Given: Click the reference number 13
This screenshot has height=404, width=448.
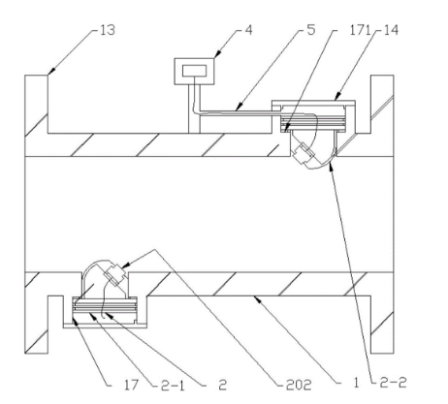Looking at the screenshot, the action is point(108,30).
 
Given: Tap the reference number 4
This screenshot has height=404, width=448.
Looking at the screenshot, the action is point(248,30).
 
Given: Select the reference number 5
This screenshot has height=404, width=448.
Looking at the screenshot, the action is point(311,30).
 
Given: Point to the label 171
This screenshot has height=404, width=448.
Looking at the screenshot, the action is point(360,30).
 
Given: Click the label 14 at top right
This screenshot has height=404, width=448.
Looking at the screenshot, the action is point(391,30).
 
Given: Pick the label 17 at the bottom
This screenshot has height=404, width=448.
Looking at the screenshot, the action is point(131,385).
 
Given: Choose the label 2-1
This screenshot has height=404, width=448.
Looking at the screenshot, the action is point(173,385).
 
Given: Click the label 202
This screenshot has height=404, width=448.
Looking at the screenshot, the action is point(299,385).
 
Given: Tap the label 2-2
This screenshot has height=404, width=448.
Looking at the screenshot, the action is point(395,383).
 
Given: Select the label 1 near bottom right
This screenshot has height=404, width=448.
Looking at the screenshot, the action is point(356,383).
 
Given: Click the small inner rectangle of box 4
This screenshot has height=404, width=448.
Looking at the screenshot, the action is point(194,71).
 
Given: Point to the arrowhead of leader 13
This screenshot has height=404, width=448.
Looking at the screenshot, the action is point(51,72).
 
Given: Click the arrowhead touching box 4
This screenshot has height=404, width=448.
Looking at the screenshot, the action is point(217,55).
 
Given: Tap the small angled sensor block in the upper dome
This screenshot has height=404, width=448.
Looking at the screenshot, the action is point(304,153).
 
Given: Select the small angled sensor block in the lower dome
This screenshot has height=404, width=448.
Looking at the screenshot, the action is point(114,274).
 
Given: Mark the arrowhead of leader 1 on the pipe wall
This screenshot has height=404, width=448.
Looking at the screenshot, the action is point(257,299).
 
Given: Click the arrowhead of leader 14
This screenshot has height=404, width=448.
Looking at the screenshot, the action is point(336,97).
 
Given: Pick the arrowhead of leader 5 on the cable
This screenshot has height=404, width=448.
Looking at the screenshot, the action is point(239,108).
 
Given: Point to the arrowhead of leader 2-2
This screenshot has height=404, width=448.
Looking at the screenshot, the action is point(330,168).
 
